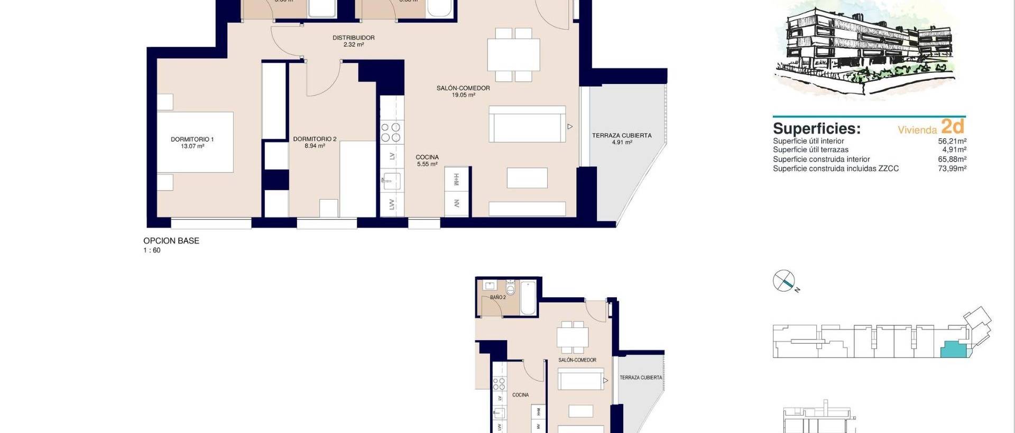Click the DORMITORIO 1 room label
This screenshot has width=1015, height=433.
(192, 143)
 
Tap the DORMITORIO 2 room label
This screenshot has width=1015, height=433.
(315, 142)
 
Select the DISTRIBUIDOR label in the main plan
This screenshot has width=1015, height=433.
(353, 41)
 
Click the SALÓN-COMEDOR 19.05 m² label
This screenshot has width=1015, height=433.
(463, 91)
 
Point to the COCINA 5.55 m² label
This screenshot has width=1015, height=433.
(427, 161)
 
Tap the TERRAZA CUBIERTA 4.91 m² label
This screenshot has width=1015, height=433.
(622, 138)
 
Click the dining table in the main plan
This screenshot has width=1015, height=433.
(513, 55)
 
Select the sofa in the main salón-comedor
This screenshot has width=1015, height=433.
(527, 125)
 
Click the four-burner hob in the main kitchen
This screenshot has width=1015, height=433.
(392, 132)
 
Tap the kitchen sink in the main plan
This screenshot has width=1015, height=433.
(391, 181)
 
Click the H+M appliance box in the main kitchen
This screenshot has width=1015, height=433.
(456, 180)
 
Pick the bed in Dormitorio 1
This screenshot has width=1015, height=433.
(196, 142)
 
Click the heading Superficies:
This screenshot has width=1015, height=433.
(817, 128)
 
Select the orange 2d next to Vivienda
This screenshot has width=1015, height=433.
(953, 126)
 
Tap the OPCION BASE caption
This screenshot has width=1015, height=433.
(171, 241)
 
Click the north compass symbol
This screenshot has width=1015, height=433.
(783, 281)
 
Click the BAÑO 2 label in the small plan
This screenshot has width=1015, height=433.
(497, 297)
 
